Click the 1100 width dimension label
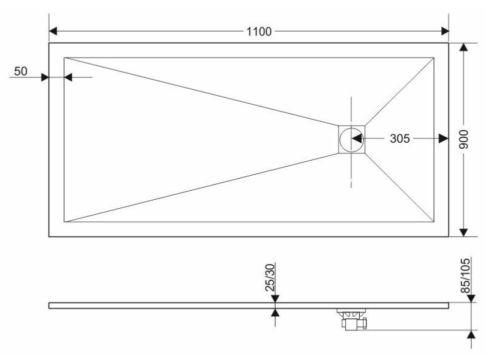tap(259, 31)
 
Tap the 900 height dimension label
tap(463, 139)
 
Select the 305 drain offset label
tap(399, 139)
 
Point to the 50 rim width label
tap(21, 71)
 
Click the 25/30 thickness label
tap(270, 277)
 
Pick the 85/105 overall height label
tap(465, 276)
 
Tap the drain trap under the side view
tap(353, 319)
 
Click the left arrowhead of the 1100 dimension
tap(53, 31)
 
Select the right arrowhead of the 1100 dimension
tap(445, 31)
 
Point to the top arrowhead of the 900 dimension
tap(463, 47)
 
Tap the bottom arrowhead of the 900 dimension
tap(463, 232)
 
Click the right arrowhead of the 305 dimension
tap(444, 139)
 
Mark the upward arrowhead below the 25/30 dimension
tap(275, 312)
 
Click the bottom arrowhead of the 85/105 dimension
tap(471, 334)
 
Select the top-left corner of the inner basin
tap(64, 57)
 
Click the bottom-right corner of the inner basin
tap(433, 222)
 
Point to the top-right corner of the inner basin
tap(433, 57)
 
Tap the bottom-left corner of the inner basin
tap(64, 222)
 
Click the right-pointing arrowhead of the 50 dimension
tap(45, 77)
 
